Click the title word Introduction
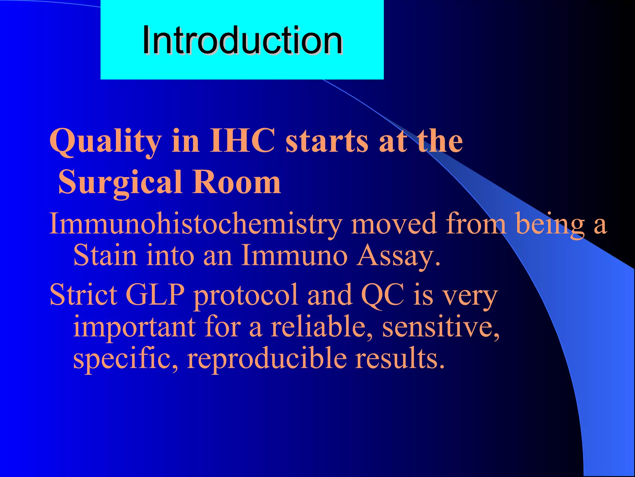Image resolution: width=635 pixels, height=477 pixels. tap(242, 41)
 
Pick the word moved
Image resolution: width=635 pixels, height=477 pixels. tap(394, 224)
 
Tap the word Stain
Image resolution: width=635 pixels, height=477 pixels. tap(105, 255)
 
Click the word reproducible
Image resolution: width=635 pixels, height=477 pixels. tap(267, 358)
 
